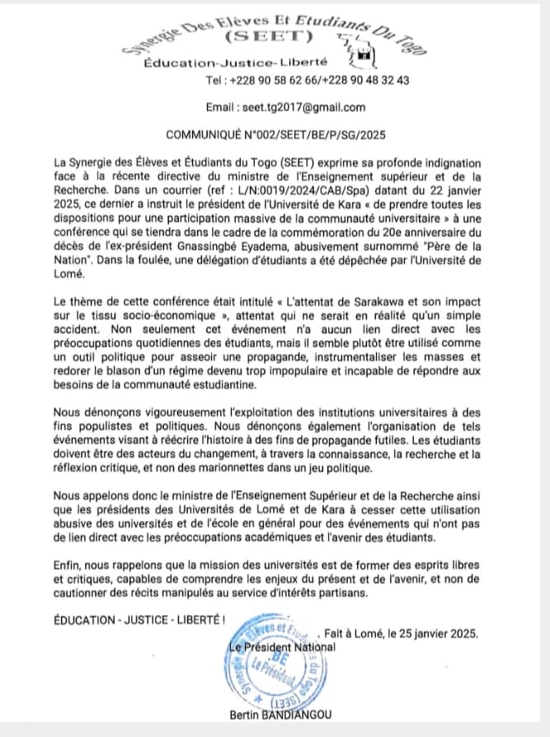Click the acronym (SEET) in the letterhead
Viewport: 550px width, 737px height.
267,36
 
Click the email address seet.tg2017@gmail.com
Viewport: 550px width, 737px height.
300,107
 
